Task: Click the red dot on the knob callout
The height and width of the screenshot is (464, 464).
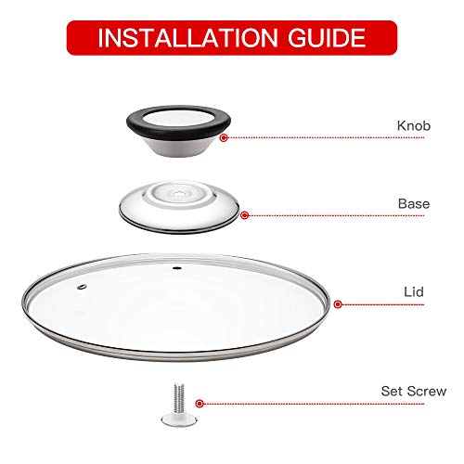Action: pyautogui.click(x=223, y=137)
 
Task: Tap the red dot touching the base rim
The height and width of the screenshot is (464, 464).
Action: pyautogui.click(x=244, y=215)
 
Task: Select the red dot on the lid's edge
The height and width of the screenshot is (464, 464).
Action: pyautogui.click(x=338, y=303)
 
